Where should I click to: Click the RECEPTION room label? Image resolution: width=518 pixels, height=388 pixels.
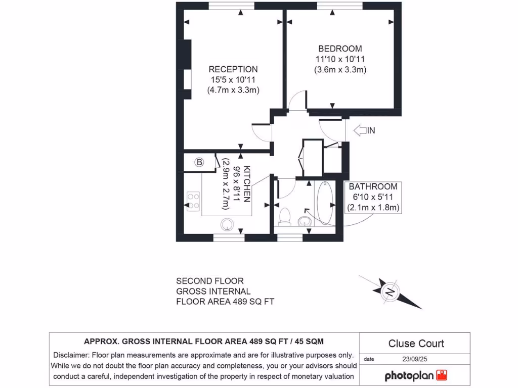coord(233,69)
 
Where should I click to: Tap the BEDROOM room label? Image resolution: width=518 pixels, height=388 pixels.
coord(340,49)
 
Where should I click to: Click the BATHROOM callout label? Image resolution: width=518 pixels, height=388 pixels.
coord(373,186)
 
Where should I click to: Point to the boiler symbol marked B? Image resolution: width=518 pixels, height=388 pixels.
coord(200,162)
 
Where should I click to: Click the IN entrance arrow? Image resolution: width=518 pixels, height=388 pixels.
coord(364,131)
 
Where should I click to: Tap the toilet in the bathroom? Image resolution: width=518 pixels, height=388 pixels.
coord(285,216)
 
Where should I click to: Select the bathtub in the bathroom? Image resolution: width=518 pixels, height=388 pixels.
coord(324,203)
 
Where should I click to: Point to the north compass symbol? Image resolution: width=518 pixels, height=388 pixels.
coord(390,292)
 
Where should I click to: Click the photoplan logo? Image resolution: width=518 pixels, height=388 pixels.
coord(416,376)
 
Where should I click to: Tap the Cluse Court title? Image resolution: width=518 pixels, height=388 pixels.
coord(416,344)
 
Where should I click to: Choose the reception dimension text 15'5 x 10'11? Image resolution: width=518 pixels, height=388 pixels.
coord(233,80)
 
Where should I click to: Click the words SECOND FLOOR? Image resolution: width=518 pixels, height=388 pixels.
coord(209,281)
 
